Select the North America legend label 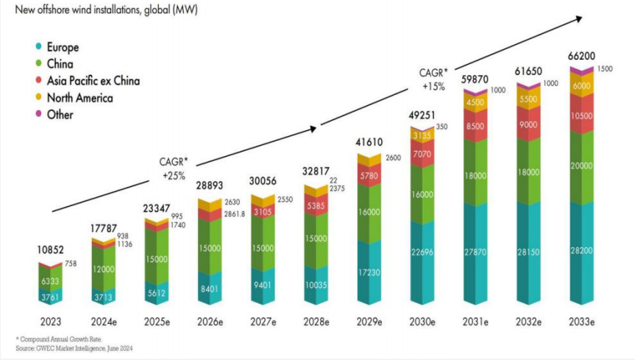79,98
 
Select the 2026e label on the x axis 210,320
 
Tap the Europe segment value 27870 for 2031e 478,252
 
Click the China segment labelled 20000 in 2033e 581,166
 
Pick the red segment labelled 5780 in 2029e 369,177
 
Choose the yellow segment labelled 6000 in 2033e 581,86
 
